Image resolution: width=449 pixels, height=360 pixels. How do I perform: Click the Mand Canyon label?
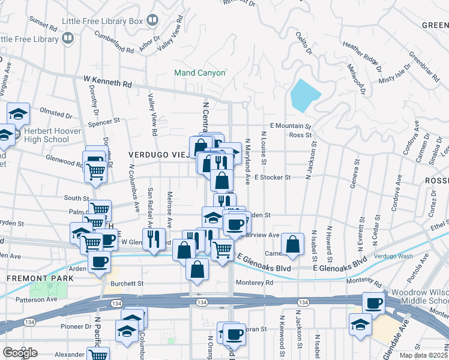click(199, 73)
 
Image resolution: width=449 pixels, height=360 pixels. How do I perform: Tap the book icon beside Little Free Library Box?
click(152, 22)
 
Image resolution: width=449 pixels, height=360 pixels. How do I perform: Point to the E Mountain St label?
click(291, 126)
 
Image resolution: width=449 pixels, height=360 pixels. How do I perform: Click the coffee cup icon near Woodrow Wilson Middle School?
click(375, 302)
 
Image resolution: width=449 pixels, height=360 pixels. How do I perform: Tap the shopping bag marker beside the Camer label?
click(292, 244)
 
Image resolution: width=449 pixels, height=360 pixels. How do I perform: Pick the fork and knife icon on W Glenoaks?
click(154, 238)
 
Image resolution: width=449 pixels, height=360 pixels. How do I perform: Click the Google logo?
click(20, 352)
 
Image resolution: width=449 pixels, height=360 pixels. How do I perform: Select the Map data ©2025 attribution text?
click(424, 355)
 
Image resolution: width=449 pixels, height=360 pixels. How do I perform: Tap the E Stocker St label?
click(272, 178)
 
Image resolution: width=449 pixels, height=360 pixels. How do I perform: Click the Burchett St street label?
click(127, 283)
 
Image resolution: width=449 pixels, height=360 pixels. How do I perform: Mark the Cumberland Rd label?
click(113, 41)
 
